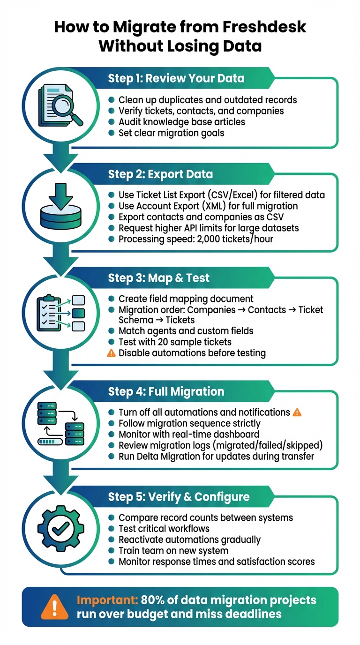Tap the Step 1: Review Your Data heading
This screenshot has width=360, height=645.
176,78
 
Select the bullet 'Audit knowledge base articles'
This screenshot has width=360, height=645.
181,122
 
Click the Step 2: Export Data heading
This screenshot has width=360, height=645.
160,174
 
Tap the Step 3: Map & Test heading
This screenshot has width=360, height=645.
158,278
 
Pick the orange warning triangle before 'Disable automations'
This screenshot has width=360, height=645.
111,353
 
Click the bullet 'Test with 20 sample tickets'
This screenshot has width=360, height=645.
175,342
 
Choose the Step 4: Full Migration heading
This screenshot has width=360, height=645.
166,391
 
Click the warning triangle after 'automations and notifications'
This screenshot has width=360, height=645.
297,412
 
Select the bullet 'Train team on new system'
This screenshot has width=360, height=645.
173,550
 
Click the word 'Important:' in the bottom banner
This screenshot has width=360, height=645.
104,600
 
